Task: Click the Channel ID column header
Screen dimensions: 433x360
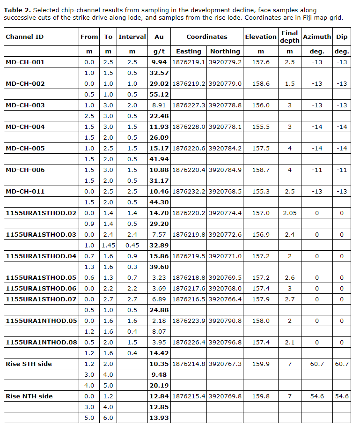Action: pos(24,37)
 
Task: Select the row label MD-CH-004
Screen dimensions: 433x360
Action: pos(25,127)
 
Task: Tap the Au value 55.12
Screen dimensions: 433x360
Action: pos(159,95)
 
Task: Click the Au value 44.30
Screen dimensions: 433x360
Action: pos(159,202)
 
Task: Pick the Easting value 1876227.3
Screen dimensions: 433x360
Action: pos(189,105)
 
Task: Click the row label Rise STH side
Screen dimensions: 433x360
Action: pos(29,364)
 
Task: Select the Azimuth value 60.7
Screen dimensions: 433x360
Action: pos(317,364)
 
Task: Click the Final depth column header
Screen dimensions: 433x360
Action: pos(290,37)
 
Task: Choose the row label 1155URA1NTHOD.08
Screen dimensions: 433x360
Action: pos(41,343)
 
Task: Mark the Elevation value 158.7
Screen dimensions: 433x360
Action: pos(261,170)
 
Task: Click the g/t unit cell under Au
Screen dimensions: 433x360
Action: pos(159,52)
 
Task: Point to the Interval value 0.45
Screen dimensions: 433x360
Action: pos(132,246)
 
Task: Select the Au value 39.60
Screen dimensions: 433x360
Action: pos(159,267)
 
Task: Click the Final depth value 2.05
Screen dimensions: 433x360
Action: pos(290,213)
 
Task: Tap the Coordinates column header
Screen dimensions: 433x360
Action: pos(206,37)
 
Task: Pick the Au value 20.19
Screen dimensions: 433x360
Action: pos(159,386)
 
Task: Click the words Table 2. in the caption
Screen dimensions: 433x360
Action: pos(17,10)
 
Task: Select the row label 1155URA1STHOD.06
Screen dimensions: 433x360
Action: pos(41,289)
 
